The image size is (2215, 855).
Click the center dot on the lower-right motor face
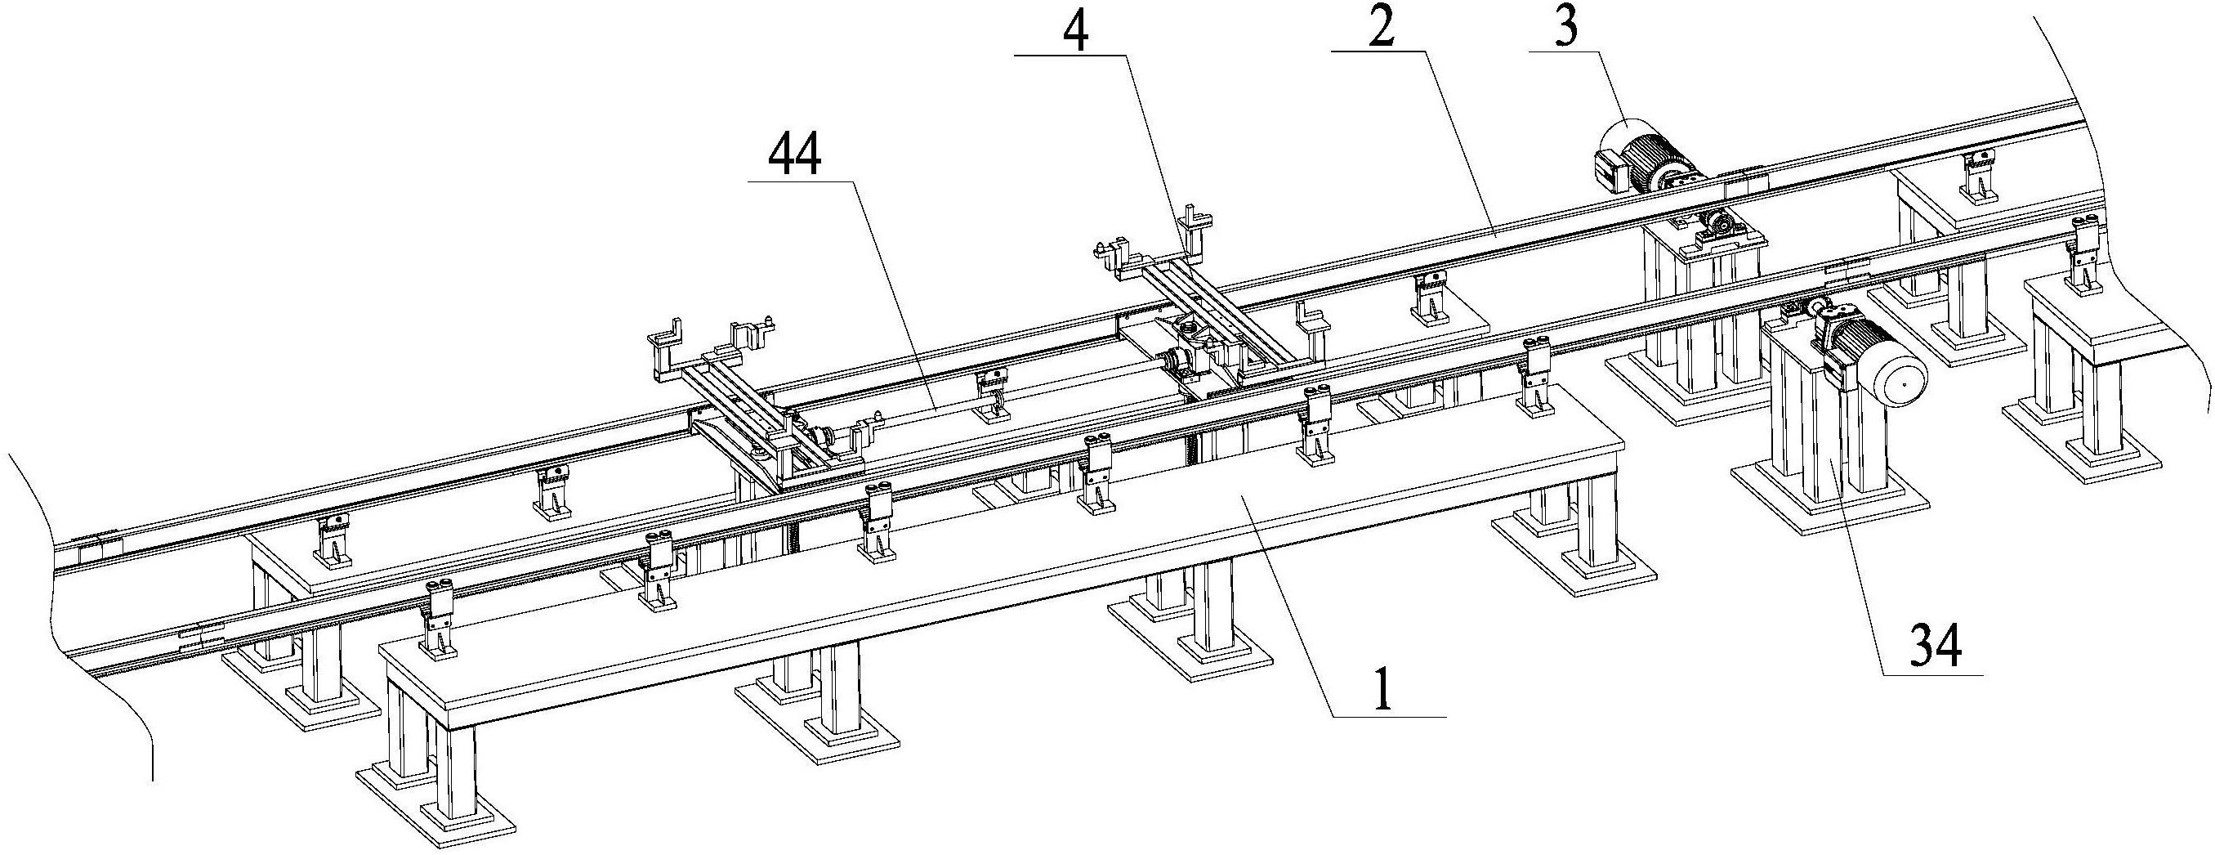1903,383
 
